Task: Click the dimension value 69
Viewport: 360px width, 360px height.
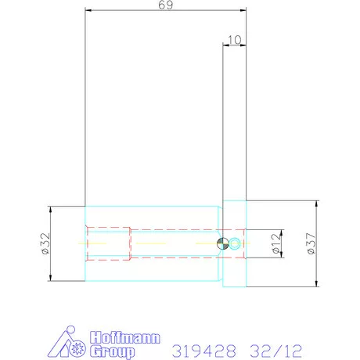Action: (166, 5)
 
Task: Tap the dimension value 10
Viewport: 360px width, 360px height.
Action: (235, 40)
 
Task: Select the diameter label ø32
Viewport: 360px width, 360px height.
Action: (45, 243)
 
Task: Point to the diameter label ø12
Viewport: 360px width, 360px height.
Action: (276, 243)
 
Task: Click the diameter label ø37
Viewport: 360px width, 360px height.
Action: (311, 243)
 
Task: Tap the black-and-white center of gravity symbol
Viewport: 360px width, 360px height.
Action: (222, 243)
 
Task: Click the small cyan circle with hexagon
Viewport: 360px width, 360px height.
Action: (235, 243)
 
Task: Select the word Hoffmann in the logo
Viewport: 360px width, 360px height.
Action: (125, 337)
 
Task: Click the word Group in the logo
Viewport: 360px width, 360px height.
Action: (113, 351)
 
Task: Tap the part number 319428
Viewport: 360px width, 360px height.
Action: (204, 351)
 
